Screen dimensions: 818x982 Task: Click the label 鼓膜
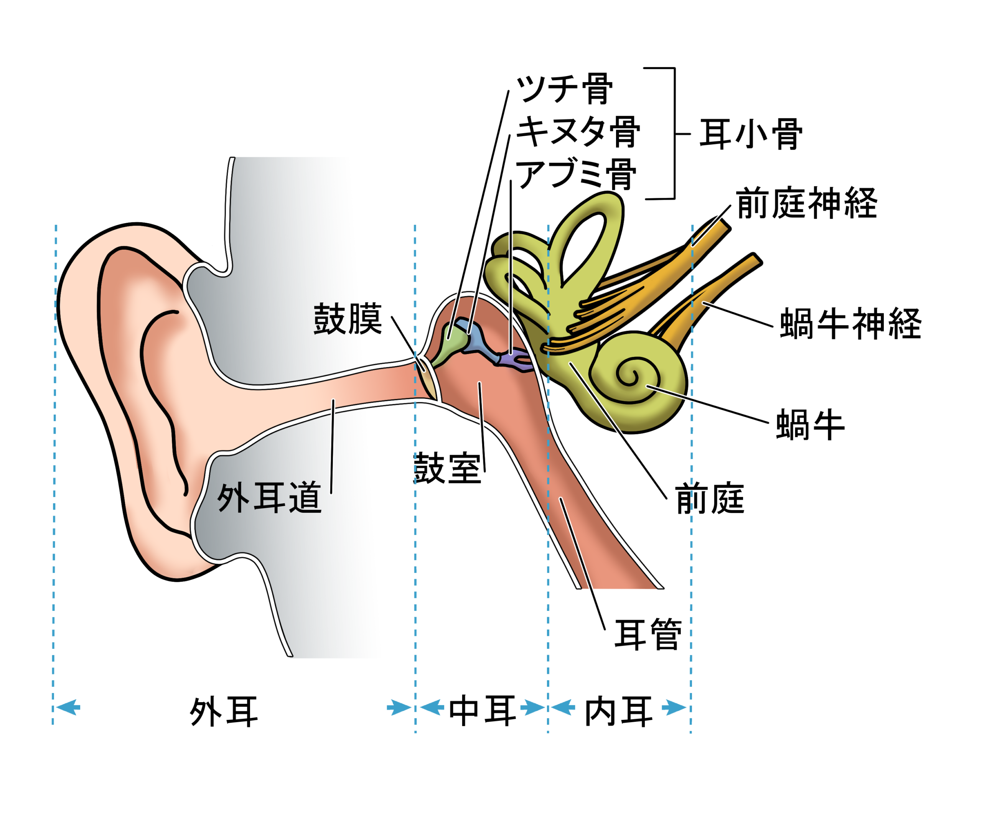pyautogui.click(x=348, y=319)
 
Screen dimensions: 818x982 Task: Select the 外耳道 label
pyautogui.click(x=269, y=497)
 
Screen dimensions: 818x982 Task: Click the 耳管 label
pyautogui.click(x=648, y=634)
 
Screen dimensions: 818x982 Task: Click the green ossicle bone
pyautogui.click(x=449, y=346)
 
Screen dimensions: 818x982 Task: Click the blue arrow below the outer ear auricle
pyautogui.click(x=68, y=707)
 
